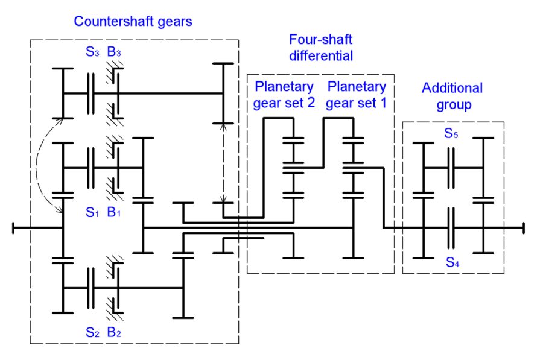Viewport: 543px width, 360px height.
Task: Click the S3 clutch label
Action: [x=92, y=52]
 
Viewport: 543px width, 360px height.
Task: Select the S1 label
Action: [x=92, y=213]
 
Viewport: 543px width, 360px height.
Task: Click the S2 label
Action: [x=92, y=331]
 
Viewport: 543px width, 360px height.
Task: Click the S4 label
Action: [x=451, y=261]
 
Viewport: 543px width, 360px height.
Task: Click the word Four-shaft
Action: [x=320, y=40]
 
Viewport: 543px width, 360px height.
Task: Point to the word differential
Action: [x=320, y=56]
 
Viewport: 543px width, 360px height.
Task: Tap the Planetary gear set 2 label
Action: [x=284, y=95]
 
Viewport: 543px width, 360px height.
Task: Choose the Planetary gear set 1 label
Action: [x=356, y=95]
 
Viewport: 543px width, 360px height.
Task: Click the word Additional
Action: [x=452, y=88]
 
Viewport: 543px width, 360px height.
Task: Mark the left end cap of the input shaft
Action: [x=13, y=227]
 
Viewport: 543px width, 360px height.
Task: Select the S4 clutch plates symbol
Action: [x=451, y=227]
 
